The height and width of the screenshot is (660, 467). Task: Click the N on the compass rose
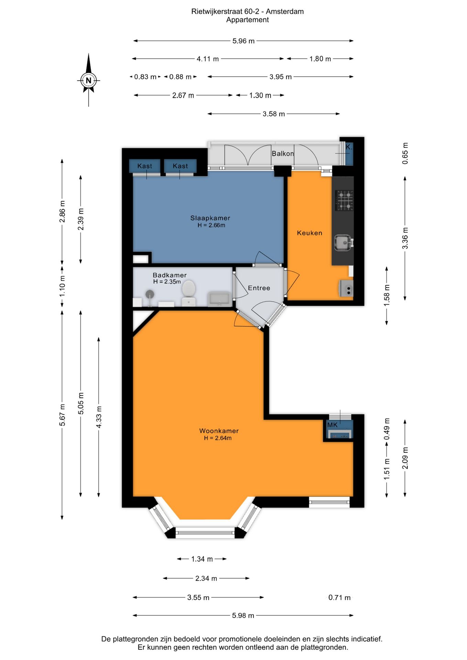click(89, 80)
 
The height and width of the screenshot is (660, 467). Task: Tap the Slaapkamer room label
click(210, 218)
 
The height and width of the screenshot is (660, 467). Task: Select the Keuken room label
click(309, 233)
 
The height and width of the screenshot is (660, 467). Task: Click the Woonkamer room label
click(219, 431)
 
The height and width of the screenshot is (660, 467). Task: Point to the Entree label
click(259, 288)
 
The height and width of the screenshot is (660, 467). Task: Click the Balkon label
click(283, 154)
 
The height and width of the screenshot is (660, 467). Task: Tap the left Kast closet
click(145, 166)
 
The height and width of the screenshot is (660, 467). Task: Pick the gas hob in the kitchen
click(344, 200)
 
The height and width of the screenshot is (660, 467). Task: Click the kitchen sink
click(343, 243)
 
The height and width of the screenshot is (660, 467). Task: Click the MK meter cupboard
click(339, 430)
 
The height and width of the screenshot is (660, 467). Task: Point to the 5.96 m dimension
click(243, 41)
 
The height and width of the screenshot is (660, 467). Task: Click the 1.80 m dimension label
click(320, 59)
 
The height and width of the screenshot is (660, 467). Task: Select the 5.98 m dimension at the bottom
click(243, 615)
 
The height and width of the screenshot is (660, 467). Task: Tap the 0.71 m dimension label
click(339, 597)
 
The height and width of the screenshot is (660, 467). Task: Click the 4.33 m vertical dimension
click(99, 417)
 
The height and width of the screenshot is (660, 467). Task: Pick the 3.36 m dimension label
click(405, 238)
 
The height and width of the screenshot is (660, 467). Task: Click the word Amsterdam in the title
click(285, 11)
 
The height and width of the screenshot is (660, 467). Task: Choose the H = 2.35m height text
click(167, 282)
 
